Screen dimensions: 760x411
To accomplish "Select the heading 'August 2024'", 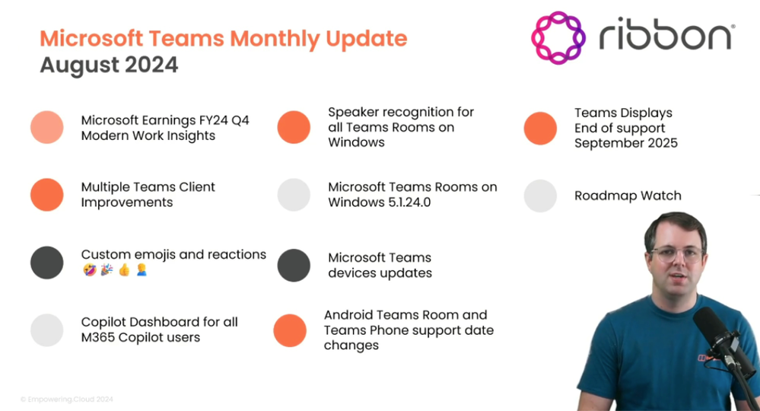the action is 109,65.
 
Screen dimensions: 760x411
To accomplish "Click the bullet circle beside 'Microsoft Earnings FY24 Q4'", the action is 47,127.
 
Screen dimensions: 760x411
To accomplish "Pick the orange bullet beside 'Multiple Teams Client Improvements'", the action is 47,195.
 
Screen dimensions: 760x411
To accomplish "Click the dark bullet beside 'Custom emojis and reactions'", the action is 47,263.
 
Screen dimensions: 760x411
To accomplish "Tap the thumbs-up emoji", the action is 124,270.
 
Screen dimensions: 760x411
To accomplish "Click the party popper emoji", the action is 107,270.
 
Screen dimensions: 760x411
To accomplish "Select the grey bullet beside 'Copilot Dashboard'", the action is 47,330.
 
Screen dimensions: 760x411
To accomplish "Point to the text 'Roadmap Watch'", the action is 628,196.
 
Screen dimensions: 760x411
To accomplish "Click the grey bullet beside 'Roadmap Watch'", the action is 540,196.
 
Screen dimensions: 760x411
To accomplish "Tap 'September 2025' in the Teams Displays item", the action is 626,143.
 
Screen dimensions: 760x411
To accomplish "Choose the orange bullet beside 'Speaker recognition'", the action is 294,127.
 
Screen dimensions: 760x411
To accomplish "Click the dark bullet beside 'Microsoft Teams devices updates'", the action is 294,265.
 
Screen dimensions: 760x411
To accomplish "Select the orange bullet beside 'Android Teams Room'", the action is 290,330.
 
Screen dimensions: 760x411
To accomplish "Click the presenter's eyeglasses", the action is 676,253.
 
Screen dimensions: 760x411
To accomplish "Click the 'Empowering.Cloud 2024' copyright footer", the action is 67,400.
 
